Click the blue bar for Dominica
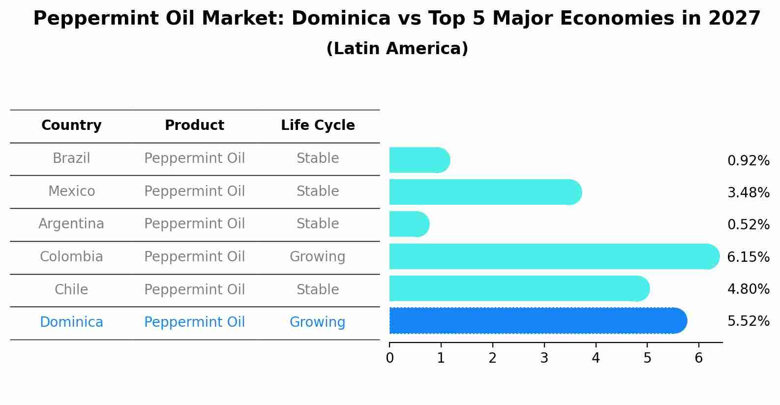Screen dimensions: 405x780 coord(536,321)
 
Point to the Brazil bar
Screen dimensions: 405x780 coord(418,160)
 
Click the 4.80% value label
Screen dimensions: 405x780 coord(748,289)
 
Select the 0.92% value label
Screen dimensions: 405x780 coord(748,161)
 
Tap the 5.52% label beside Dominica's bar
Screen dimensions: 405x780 coord(748,321)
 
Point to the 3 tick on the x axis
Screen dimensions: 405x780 coord(544,358)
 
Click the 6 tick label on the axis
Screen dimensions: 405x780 coord(698,358)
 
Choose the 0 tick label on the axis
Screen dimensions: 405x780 coord(390,358)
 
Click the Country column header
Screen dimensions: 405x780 coord(71,125)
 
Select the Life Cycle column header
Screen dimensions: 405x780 coord(318,125)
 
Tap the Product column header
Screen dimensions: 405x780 coord(194,125)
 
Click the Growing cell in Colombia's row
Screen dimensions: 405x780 coord(317,257)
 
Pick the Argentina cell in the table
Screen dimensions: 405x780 coord(71,224)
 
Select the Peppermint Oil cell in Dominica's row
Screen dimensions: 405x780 coord(194,322)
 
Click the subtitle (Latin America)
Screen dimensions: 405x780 coord(397,49)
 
